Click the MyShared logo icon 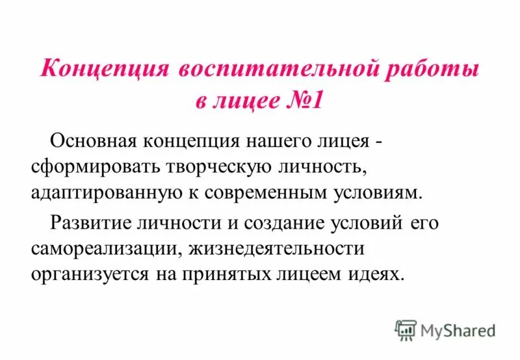406,329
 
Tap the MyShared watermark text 458,330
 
